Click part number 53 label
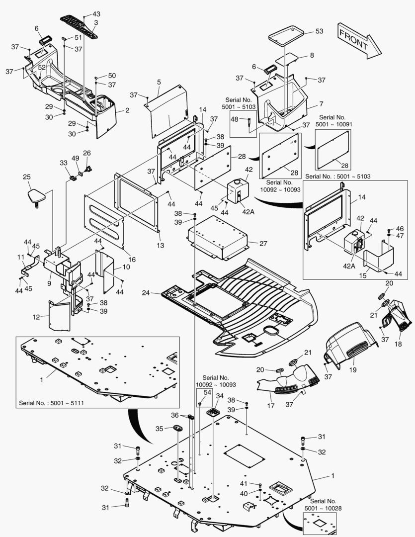click(x=319, y=31)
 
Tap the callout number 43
click(x=96, y=14)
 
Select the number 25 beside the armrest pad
click(x=27, y=177)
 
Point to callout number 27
click(x=263, y=244)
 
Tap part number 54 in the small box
click(x=207, y=393)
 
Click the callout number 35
click(x=159, y=429)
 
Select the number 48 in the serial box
click(x=235, y=119)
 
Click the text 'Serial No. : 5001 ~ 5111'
click(x=51, y=402)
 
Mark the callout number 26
click(x=87, y=153)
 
